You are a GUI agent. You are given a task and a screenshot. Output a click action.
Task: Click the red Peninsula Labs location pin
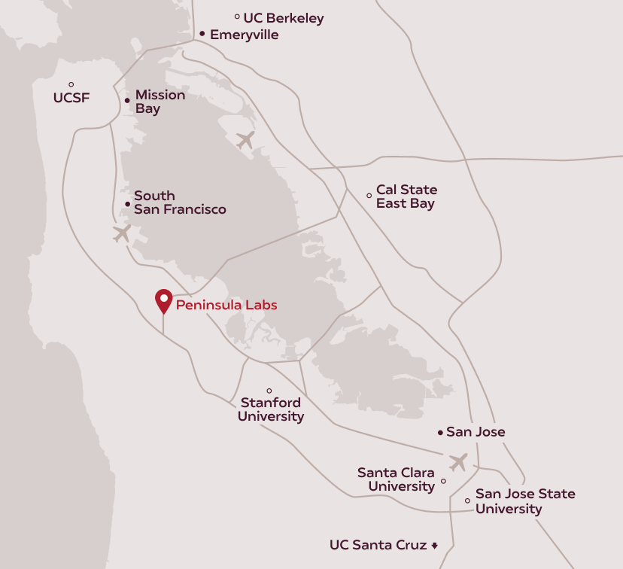click(163, 300)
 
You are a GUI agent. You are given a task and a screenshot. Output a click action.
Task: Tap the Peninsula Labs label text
click(226, 305)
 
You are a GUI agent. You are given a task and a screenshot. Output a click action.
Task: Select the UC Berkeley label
click(284, 18)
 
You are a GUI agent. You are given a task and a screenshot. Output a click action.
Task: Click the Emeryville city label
click(245, 35)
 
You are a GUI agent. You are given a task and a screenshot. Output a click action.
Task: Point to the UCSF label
click(71, 97)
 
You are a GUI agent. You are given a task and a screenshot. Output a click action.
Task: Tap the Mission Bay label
click(160, 102)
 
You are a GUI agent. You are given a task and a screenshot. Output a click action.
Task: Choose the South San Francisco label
click(180, 202)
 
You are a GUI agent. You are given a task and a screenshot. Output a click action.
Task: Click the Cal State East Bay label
click(406, 196)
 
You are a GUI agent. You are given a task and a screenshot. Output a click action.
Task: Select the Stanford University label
click(271, 409)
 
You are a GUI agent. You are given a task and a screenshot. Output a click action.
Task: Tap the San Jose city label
click(476, 432)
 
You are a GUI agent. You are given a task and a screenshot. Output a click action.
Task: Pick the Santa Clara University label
click(396, 479)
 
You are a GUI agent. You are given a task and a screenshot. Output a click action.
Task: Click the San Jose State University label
click(524, 501)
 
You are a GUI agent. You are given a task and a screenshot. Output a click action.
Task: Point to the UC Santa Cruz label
click(378, 545)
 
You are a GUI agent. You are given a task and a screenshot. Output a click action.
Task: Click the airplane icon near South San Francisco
click(122, 233)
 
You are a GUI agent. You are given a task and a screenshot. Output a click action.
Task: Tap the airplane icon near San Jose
click(457, 461)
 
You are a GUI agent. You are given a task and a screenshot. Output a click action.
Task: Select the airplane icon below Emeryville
click(245, 140)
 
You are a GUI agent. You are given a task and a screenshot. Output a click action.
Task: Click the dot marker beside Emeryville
click(202, 34)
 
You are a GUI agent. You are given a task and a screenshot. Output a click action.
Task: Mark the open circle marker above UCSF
click(71, 84)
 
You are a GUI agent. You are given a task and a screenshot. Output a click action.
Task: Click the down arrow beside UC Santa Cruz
click(434, 546)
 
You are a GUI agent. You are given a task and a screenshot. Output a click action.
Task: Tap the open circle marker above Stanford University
click(269, 391)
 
